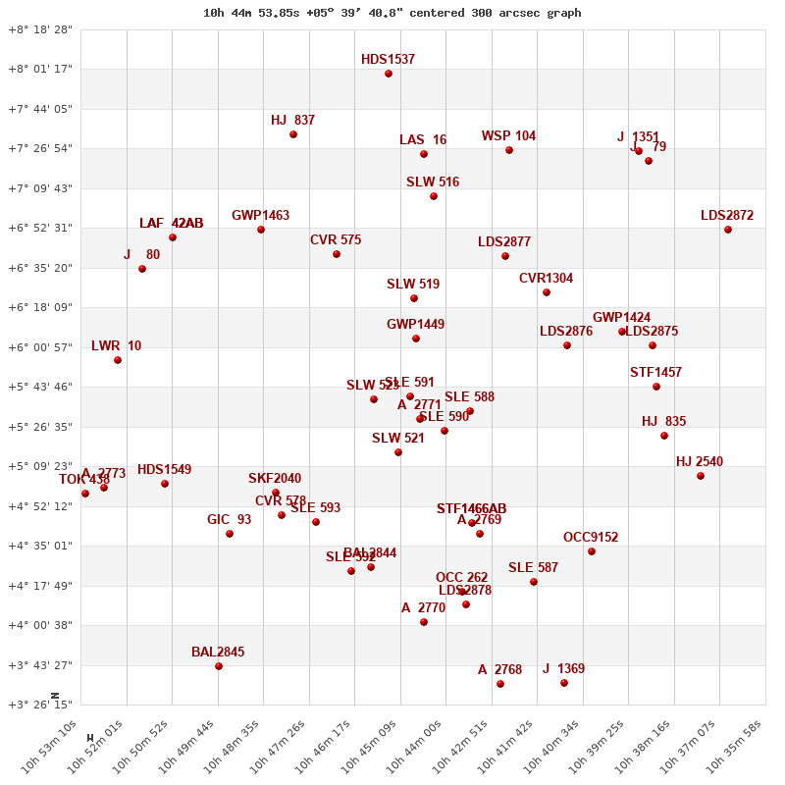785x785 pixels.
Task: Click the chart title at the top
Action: point(392,13)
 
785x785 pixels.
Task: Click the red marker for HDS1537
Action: point(389,74)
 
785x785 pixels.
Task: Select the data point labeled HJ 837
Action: point(293,134)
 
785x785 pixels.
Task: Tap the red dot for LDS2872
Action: point(728,230)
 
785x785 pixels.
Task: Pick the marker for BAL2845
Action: point(219,666)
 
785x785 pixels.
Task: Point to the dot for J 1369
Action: point(564,683)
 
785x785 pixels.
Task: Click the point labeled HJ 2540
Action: point(701,476)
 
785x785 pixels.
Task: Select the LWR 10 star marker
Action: point(118,360)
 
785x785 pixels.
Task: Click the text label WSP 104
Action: point(508,136)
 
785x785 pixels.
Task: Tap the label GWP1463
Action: point(260,216)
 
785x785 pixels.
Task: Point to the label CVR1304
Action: point(546,279)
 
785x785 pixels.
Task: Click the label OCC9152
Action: point(591,538)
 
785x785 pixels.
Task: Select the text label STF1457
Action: point(655,373)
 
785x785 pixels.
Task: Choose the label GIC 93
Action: point(229,520)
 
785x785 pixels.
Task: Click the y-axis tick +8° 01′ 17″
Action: point(40,69)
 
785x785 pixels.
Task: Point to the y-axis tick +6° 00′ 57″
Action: point(40,347)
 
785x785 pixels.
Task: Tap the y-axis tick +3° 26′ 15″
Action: point(40,705)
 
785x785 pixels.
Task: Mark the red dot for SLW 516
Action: point(434,196)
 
